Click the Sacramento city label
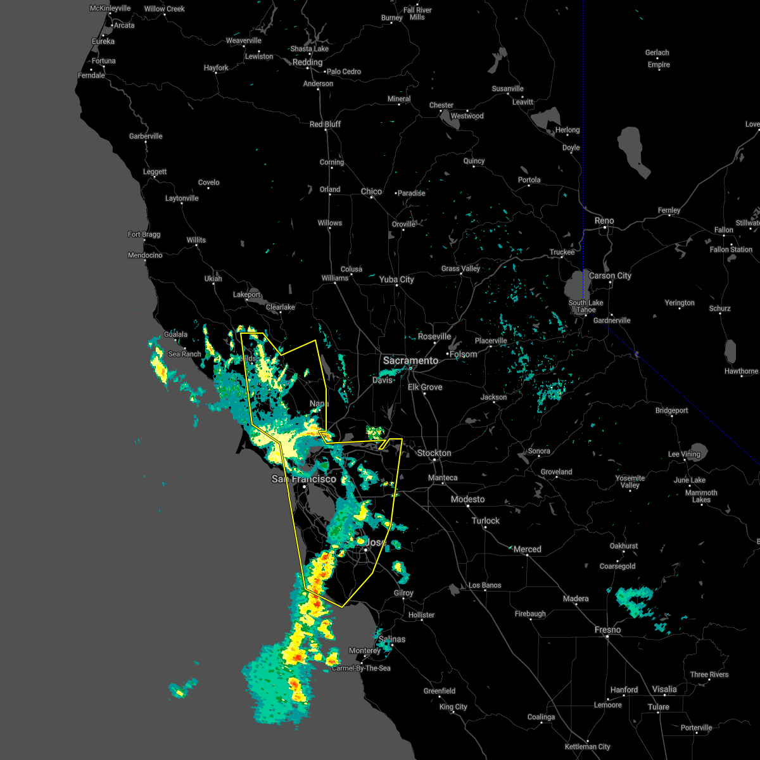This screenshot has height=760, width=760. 410,360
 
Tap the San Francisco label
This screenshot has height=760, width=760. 304,479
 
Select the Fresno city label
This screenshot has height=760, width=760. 607,630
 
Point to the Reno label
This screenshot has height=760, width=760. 604,220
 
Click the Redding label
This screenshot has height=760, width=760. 308,62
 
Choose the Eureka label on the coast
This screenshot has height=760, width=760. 103,41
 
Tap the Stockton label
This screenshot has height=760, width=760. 434,453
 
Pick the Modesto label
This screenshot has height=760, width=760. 467,499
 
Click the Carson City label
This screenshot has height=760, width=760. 610,275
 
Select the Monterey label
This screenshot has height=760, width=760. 364,650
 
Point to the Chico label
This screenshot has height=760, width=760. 371,191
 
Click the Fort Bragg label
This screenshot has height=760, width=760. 144,234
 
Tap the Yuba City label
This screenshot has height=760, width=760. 396,279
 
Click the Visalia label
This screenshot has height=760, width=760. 664,689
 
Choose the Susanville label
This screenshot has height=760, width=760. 507,89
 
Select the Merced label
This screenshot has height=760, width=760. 527,549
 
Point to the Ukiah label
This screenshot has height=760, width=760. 213,279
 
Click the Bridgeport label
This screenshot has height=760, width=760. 671,410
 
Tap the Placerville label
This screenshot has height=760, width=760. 491,341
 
